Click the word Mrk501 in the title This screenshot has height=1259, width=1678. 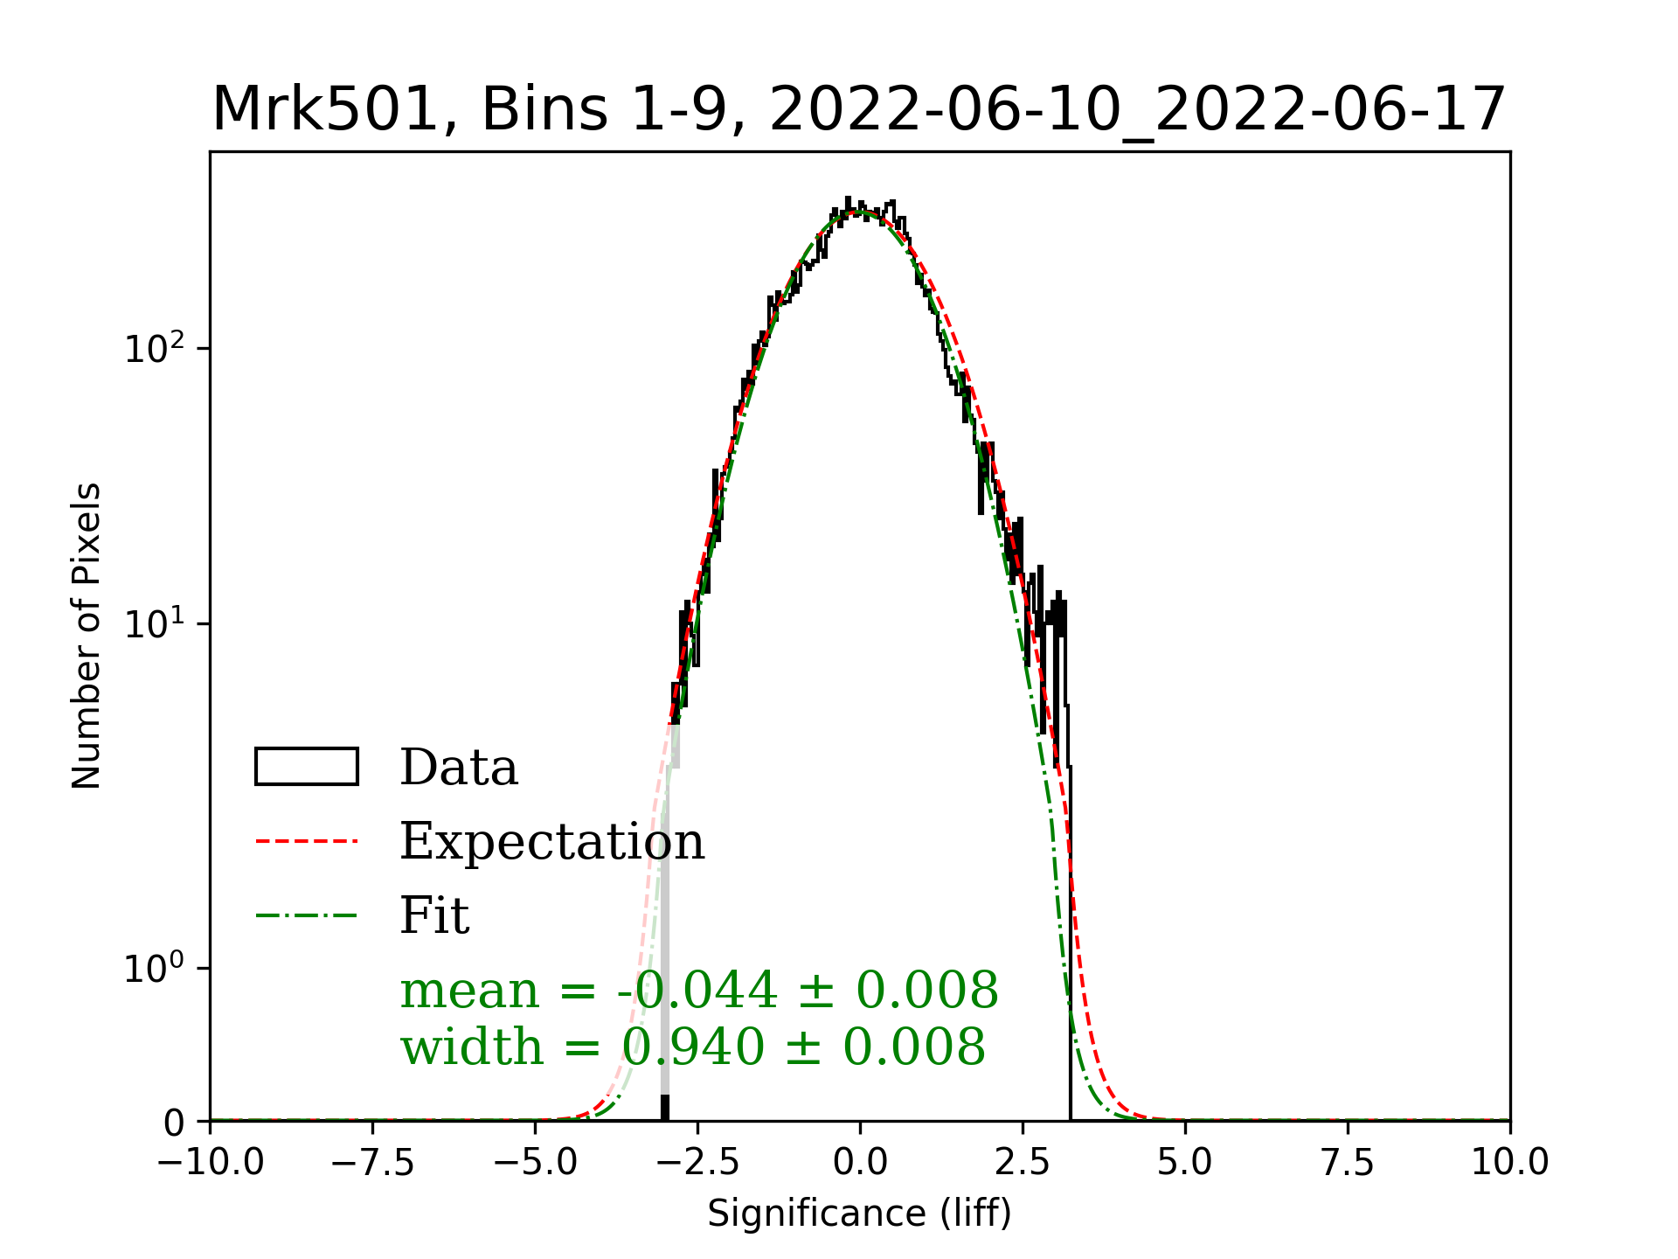(x=324, y=110)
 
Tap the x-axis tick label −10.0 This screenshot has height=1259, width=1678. (x=211, y=1163)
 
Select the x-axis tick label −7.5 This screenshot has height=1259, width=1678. (x=373, y=1163)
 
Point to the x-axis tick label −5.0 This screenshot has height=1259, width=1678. (x=536, y=1163)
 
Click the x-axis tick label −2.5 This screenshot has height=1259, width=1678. (x=698, y=1163)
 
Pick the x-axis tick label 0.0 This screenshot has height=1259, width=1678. (x=861, y=1163)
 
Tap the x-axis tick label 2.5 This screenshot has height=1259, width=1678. (x=1023, y=1163)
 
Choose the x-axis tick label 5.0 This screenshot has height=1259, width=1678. (x=1185, y=1163)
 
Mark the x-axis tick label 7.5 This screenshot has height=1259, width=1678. (x=1348, y=1163)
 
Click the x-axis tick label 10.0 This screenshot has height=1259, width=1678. (x=1510, y=1163)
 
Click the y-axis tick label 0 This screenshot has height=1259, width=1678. (x=175, y=1123)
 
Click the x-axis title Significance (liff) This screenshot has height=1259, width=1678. (x=860, y=1214)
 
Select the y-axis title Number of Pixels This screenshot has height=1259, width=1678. (x=87, y=636)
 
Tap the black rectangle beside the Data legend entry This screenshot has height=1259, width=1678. (x=307, y=767)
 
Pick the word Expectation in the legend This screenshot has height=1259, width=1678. (x=551, y=842)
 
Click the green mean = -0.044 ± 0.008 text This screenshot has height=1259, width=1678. (x=699, y=991)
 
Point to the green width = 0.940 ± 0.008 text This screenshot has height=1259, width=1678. (x=693, y=1047)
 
